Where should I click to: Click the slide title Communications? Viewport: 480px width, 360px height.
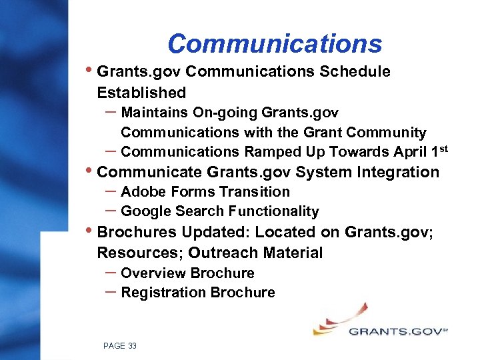[275, 44]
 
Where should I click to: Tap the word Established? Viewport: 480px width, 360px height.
[141, 92]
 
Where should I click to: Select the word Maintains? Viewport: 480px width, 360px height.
[156, 112]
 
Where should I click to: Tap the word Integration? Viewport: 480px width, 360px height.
[398, 172]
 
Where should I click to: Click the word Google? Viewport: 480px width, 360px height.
[146, 211]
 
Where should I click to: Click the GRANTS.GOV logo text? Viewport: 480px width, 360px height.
[395, 331]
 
